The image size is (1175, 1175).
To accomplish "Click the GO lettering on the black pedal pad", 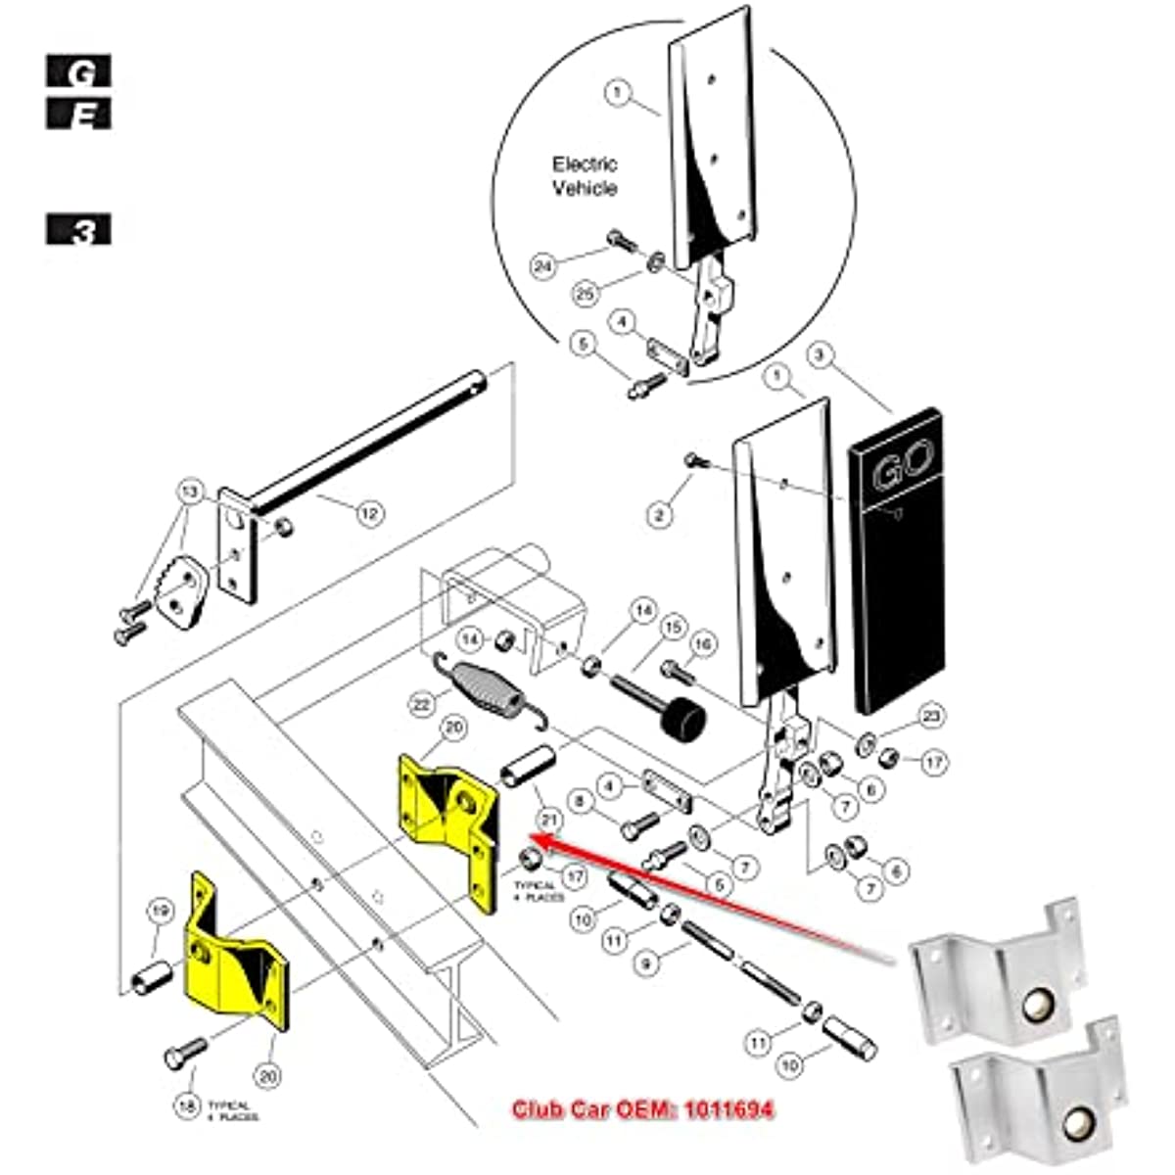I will pyautogui.click(x=902, y=460).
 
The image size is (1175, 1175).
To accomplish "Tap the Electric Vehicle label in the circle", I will pyautogui.click(x=585, y=176).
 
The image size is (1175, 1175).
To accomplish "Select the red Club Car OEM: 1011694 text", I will pyautogui.click(x=642, y=1109).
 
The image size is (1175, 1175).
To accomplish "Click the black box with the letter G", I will pyautogui.click(x=78, y=71).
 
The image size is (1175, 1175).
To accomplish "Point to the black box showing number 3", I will pyautogui.click(x=78, y=231).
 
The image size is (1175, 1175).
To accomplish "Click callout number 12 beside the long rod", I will pyautogui.click(x=369, y=512).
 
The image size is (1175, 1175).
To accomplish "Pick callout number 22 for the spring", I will pyautogui.click(x=422, y=703).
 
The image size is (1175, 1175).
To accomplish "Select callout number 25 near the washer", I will pyautogui.click(x=585, y=292).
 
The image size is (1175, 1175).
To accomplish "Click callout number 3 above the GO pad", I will pyautogui.click(x=821, y=355).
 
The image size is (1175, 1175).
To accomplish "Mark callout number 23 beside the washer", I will pyautogui.click(x=930, y=717).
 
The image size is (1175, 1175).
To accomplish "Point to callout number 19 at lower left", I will pyautogui.click(x=160, y=913).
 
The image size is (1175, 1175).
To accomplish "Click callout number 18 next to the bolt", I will pyautogui.click(x=187, y=1105).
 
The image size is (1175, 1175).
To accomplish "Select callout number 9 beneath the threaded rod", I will pyautogui.click(x=645, y=964).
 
